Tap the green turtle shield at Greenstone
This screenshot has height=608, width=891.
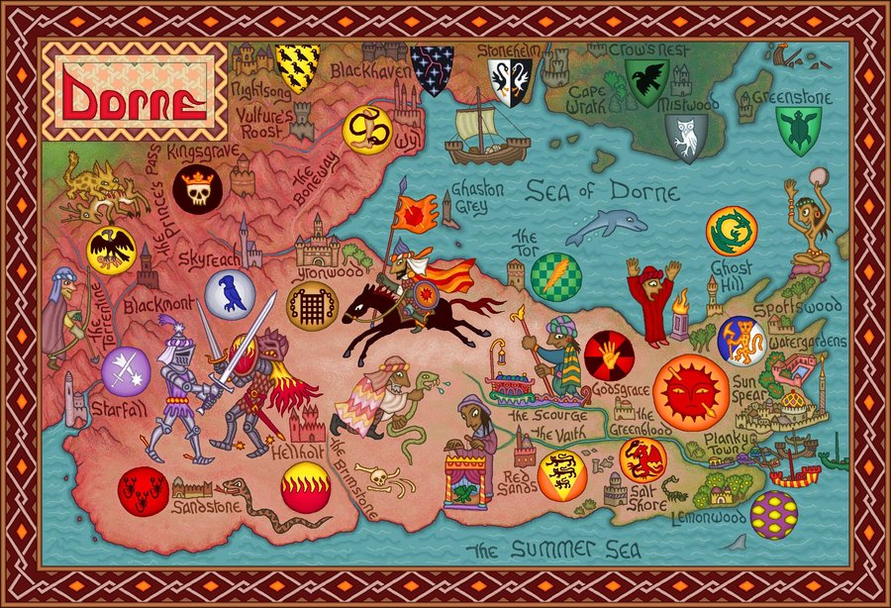coord(798,130)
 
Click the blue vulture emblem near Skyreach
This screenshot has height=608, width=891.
coord(231,294)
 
